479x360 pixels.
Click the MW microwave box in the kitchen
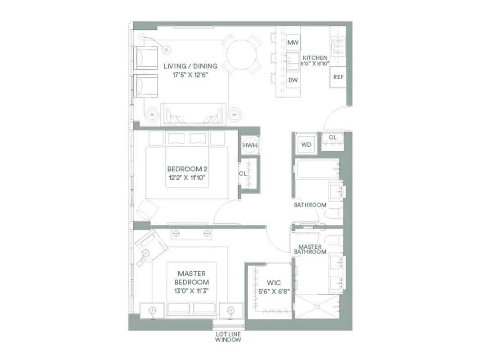click(x=293, y=42)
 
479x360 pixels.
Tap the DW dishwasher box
click(x=293, y=80)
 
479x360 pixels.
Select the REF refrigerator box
click(x=338, y=77)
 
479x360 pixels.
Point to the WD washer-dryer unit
click(x=306, y=145)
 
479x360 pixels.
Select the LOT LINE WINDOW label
click(x=228, y=337)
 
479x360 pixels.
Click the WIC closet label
click(x=274, y=283)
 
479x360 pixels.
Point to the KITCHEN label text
click(x=315, y=58)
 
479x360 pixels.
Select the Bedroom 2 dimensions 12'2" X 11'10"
click(x=186, y=177)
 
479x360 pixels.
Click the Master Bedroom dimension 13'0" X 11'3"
click(x=192, y=291)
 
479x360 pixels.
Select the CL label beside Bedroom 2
click(x=243, y=173)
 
